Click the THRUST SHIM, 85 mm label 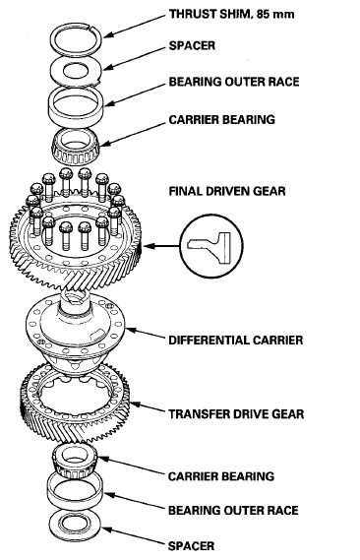pyautogui.click(x=231, y=15)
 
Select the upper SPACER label pyautogui.click(x=192, y=45)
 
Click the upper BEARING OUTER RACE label pyautogui.click(x=234, y=82)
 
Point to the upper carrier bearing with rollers pyautogui.click(x=77, y=147)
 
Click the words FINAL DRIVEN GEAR pyautogui.click(x=227, y=191)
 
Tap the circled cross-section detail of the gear pyautogui.click(x=211, y=246)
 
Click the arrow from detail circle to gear pyautogui.click(x=161, y=246)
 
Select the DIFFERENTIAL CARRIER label pyautogui.click(x=235, y=340)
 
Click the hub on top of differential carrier pyautogui.click(x=75, y=301)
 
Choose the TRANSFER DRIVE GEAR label pyautogui.click(x=236, y=414)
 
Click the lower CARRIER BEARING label pyautogui.click(x=221, y=476)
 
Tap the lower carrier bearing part pyautogui.click(x=75, y=461)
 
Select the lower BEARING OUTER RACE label pyautogui.click(x=233, y=510)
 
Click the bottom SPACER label pyautogui.click(x=191, y=545)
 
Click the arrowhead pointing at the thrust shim pyautogui.click(x=109, y=34)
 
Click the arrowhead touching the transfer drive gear pyautogui.click(x=135, y=404)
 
